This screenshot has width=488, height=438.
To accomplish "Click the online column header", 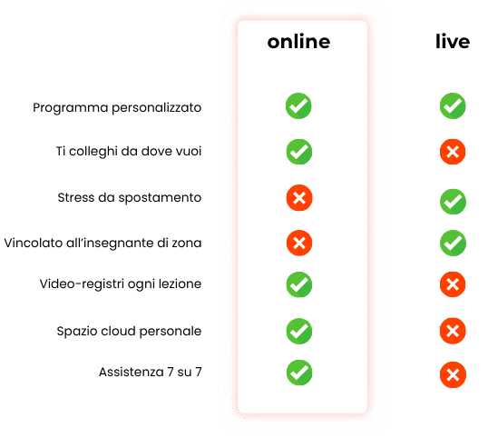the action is [x=298, y=42].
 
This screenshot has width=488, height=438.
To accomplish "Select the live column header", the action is [x=453, y=41].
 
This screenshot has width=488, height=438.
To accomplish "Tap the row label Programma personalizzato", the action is [x=117, y=108].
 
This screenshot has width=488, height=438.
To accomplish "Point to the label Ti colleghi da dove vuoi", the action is [x=129, y=151].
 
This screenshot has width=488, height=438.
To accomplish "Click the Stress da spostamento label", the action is [x=130, y=198].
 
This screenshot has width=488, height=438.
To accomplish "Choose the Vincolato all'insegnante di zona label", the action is [x=103, y=243].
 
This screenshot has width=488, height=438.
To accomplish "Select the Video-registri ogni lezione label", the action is [x=121, y=284].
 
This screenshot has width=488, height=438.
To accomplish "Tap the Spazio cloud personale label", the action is [x=129, y=331].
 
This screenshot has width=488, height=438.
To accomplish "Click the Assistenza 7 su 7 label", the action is [x=151, y=372].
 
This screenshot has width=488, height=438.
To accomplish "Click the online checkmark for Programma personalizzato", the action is [x=298, y=106].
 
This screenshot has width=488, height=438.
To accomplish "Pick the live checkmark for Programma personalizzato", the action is [x=453, y=106].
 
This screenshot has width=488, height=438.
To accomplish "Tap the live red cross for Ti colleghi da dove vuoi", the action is [x=453, y=152].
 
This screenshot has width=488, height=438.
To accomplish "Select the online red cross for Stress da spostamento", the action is [x=299, y=198].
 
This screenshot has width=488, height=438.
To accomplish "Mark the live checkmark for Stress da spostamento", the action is [x=454, y=202].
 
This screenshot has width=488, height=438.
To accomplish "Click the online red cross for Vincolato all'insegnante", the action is [x=299, y=243].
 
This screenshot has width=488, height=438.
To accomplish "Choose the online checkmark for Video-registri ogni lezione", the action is [x=299, y=284].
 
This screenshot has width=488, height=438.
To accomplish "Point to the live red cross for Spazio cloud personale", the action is [x=453, y=331].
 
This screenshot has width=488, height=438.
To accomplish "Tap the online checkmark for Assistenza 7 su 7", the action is [x=299, y=373].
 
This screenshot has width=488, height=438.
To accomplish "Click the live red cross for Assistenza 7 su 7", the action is [x=454, y=374].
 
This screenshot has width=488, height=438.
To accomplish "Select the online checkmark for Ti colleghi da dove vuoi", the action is [x=299, y=152].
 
